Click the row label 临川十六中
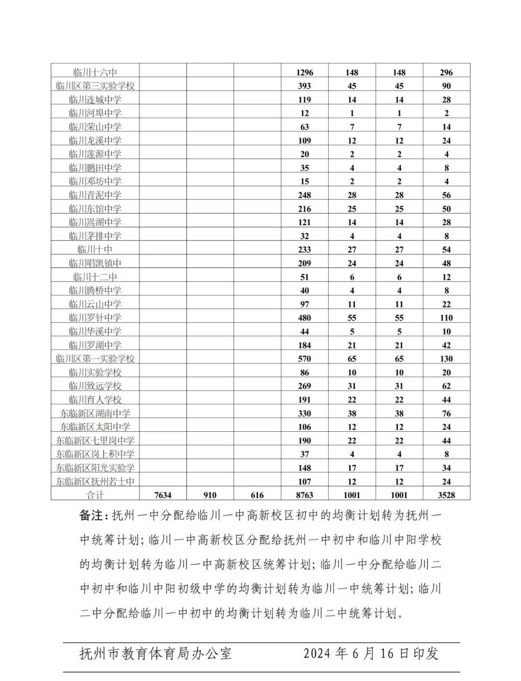coord(95,72)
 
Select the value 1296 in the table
coord(304,72)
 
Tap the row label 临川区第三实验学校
coord(95,86)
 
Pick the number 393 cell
coord(304,86)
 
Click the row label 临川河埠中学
coord(95,113)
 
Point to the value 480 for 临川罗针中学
coord(304,318)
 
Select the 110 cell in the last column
coord(446,318)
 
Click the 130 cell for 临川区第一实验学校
coord(446,359)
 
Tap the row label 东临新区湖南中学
coord(95,413)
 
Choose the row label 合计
coord(95,495)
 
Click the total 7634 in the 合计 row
coord(163,495)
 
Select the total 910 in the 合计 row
coord(210,495)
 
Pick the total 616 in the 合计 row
coord(257,495)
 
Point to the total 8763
coord(304,495)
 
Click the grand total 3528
coord(446,495)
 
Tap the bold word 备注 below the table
coord(92,516)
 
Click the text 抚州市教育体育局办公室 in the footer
coord(155,654)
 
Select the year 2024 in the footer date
coord(316,654)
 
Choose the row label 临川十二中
coord(95,277)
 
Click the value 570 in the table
coord(304,359)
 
